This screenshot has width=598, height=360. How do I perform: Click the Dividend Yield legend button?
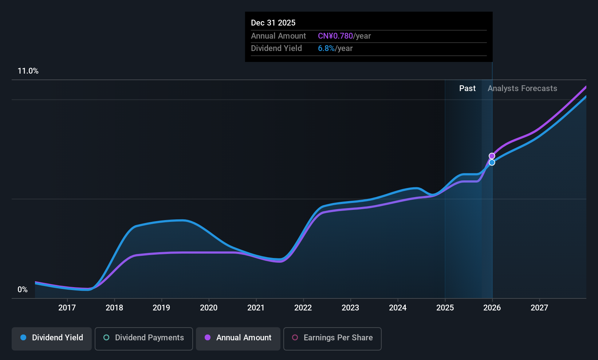click(52, 338)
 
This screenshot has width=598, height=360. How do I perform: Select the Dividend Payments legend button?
click(144, 338)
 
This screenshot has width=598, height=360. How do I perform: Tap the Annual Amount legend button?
click(238, 338)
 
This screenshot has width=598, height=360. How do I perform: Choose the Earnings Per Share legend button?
click(332, 338)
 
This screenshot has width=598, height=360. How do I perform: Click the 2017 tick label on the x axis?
click(67, 308)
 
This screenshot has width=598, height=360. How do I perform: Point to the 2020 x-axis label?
click(209, 308)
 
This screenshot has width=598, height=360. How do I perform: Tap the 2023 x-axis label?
click(350, 308)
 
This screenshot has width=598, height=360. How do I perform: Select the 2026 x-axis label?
click(492, 308)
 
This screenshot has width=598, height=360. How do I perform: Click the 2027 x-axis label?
click(539, 308)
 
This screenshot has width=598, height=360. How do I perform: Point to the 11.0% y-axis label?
click(28, 71)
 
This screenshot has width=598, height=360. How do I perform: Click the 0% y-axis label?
click(23, 290)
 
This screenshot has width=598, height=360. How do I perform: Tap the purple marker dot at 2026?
click(492, 156)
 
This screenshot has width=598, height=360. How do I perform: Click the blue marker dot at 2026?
click(492, 163)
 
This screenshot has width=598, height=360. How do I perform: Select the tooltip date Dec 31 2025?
click(273, 23)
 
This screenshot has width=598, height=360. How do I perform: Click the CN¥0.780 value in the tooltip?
click(335, 36)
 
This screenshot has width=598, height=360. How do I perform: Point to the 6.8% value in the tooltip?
click(326, 48)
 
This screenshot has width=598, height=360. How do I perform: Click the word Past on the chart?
click(467, 89)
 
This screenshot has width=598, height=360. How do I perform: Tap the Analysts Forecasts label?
click(522, 89)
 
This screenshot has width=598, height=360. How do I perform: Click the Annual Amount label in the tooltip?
click(278, 36)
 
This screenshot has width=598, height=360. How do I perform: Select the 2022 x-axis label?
click(303, 308)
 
